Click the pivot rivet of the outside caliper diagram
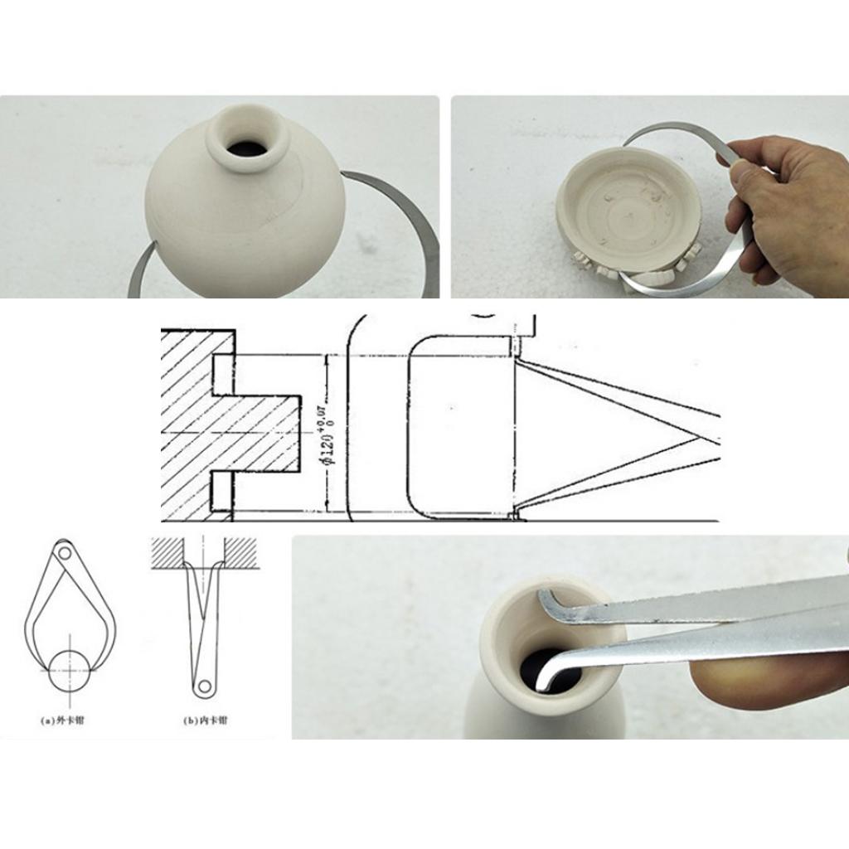(64, 551)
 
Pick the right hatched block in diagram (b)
(240, 551)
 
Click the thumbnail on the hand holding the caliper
(740, 175)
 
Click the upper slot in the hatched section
(225, 374)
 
